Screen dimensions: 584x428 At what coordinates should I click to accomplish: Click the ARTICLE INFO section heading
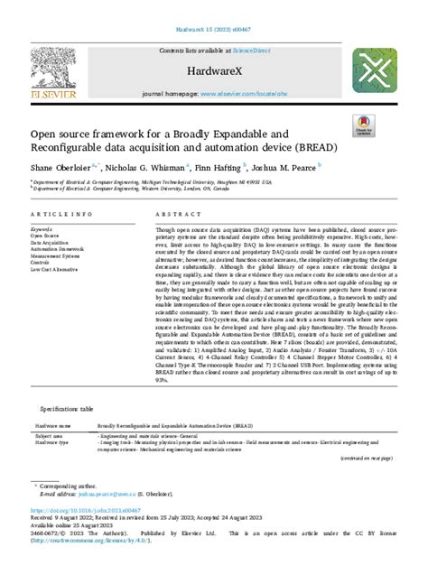pos(60,215)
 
